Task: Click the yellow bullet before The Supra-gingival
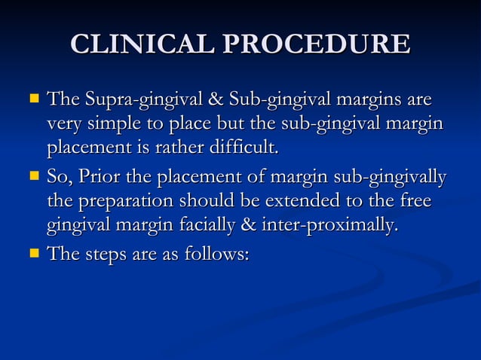pyautogui.click(x=32, y=99)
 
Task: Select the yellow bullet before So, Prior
pyautogui.click(x=32, y=178)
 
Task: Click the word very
pyautogui.click(x=61, y=124)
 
